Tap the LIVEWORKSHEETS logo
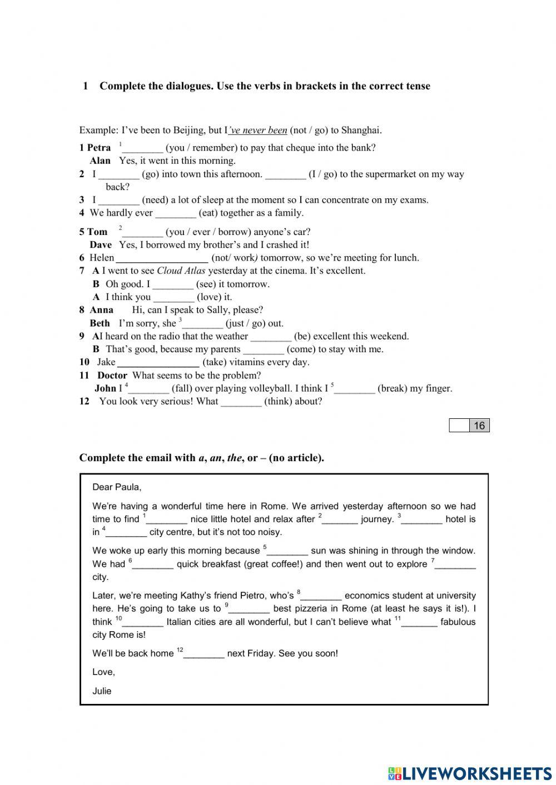(x=470, y=773)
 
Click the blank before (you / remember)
(x=142, y=148)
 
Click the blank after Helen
(x=162, y=258)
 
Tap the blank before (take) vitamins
(x=158, y=363)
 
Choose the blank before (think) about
(x=241, y=402)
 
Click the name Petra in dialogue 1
(x=99, y=148)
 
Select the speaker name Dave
(x=101, y=245)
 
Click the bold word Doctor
(x=112, y=376)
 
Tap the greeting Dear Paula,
(x=117, y=487)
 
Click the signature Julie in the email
(x=102, y=691)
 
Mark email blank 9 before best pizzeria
(x=250, y=609)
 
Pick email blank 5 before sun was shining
(x=287, y=552)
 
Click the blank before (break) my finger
(x=355, y=389)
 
